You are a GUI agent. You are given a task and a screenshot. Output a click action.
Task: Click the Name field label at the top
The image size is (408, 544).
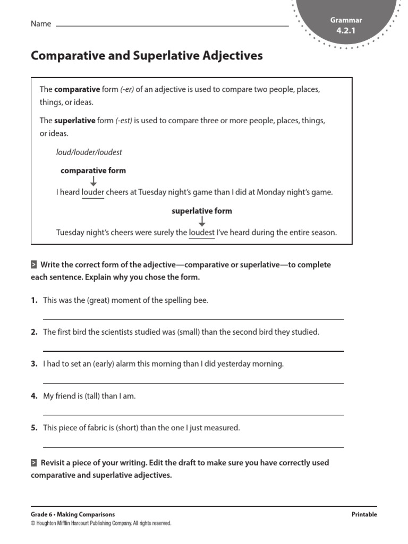pos(41,24)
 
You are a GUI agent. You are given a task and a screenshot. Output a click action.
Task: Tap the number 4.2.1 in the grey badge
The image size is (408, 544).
pos(346,31)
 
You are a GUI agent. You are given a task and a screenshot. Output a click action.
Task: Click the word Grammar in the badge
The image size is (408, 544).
pos(346,20)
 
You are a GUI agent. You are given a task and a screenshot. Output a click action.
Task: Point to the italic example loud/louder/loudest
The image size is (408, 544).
pos(89,152)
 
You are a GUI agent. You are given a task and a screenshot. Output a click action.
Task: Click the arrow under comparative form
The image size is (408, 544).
pos(93,181)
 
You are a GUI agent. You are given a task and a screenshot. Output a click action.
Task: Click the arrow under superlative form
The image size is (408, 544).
pos(202,221)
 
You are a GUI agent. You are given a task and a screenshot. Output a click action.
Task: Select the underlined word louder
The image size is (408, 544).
pos(93,192)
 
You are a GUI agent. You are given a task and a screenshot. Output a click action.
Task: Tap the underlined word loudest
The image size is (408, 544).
pos(202,233)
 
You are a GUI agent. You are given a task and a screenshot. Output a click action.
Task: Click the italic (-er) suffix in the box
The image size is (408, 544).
pos(126,89)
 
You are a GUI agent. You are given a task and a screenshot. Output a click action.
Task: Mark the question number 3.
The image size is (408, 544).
pos(34,364)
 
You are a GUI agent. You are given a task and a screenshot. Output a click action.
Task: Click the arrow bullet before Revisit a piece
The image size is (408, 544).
pos(34,463)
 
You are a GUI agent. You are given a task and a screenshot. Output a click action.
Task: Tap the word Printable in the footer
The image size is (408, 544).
pos(364,514)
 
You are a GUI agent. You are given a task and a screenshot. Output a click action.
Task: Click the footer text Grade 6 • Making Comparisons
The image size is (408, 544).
pos(73,514)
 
